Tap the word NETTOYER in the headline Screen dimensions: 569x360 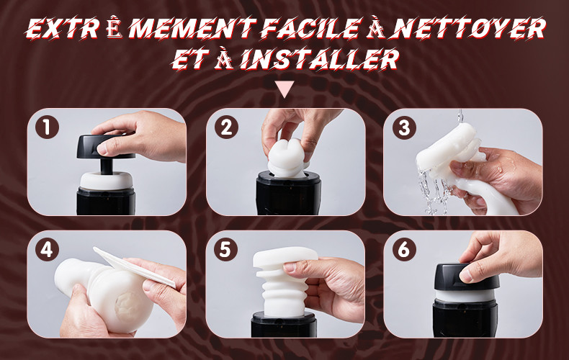(x=468, y=28)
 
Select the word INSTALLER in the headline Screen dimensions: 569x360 (x=320, y=59)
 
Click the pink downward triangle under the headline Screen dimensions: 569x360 (x=284, y=89)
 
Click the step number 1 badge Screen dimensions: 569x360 (x=47, y=127)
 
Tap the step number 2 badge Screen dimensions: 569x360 (x=226, y=127)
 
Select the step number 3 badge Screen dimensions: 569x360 (x=404, y=127)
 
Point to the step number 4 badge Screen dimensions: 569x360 (x=47, y=250)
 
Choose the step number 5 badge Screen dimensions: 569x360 (x=225, y=250)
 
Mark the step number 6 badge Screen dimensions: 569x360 (x=404, y=250)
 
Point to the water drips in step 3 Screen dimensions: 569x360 (x=434, y=192)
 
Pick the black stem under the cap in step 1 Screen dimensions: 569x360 (x=106, y=166)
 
